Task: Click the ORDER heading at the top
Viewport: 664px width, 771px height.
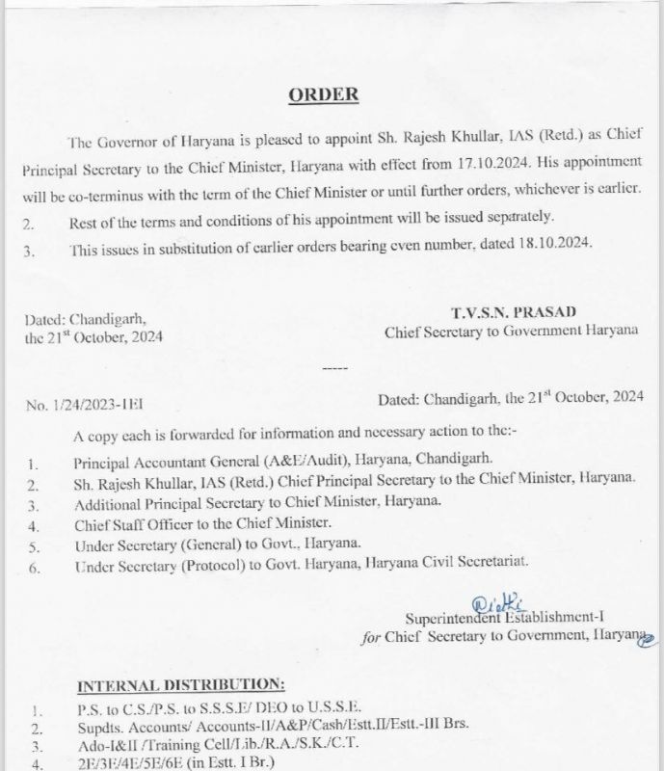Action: [324, 94]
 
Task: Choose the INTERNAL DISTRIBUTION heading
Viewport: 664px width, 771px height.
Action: [180, 684]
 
